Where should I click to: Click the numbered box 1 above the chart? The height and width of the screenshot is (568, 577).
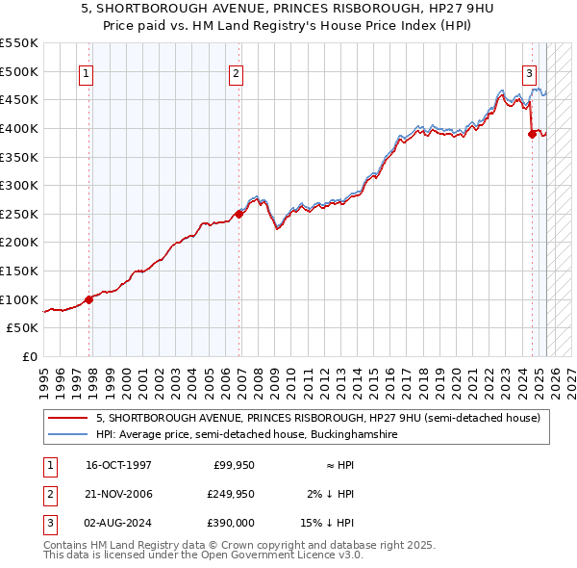(87, 72)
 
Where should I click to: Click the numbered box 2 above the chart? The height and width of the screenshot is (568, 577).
(237, 72)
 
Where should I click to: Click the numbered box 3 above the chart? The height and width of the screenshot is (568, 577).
(529, 72)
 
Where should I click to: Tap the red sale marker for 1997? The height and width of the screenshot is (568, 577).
(89, 299)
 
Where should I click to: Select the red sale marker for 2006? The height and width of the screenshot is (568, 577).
(239, 214)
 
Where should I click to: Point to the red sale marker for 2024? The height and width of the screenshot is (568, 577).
(532, 134)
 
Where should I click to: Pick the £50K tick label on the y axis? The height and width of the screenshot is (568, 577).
(22, 328)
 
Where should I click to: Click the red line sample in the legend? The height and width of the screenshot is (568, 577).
(69, 419)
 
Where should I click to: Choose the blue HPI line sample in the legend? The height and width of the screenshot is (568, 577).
(69, 435)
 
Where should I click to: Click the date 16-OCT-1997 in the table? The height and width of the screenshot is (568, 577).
(118, 465)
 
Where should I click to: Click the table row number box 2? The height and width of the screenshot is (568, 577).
(48, 494)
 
